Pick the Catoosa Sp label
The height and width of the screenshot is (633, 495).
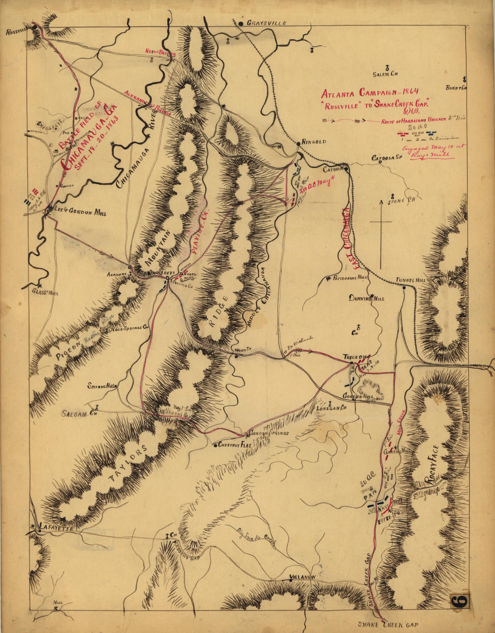[386, 158]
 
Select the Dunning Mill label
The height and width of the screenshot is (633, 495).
[367, 298]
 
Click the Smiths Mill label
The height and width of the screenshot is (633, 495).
[102, 386]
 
